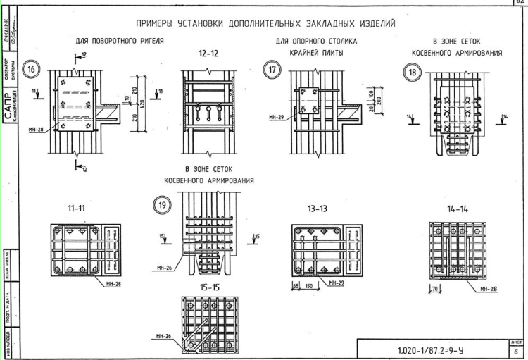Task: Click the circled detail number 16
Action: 32,69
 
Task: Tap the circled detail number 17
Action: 272,69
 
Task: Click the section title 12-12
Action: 208,54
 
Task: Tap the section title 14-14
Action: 458,210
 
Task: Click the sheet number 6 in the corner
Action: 517,352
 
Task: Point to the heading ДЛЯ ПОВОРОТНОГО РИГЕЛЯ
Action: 120,42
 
